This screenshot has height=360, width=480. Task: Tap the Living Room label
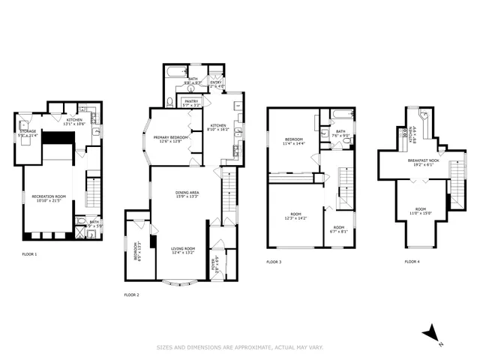tap(182, 250)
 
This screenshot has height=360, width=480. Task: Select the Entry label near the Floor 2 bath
tap(215, 84)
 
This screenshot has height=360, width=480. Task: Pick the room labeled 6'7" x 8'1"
tap(339, 229)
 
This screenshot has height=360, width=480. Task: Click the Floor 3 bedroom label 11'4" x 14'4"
tap(295, 141)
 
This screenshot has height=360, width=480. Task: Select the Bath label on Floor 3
tap(340, 133)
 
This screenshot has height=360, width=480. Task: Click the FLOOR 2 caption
tap(131, 295)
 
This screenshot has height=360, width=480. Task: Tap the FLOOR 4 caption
tap(412, 262)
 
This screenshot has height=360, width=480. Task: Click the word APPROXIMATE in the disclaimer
tap(248, 347)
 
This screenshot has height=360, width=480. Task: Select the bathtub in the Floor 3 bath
tap(340, 115)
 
